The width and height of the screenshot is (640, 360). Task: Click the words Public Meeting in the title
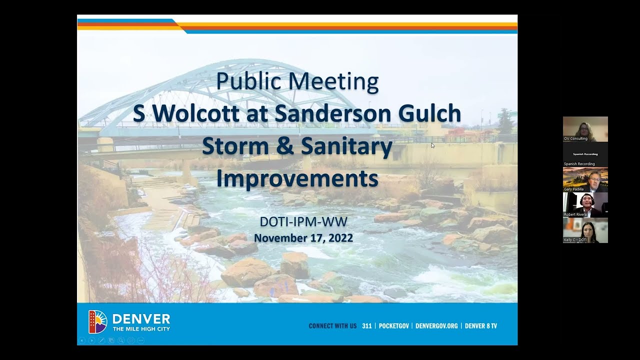pos(297,81)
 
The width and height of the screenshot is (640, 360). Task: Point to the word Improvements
pos(297,178)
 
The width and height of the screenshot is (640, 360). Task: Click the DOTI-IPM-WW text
pos(303,220)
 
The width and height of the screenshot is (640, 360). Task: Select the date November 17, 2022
pos(303,237)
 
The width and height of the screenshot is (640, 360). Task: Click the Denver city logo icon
pos(97,321)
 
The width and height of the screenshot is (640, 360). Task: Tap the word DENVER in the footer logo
pos(141,318)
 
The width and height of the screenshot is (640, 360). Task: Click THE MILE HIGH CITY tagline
pos(141,329)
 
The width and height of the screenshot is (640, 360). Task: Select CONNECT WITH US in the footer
pos(332,326)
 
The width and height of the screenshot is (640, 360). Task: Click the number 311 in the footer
pos(366,326)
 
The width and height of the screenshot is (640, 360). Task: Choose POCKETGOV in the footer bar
pos(395,326)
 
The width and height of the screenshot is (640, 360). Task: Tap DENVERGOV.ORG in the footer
pos(436,326)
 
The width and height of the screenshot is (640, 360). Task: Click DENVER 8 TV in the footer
pos(481,326)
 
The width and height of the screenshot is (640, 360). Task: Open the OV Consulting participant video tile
pos(585,128)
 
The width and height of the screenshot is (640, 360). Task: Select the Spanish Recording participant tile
pos(585,154)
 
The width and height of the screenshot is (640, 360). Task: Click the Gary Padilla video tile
pos(585,179)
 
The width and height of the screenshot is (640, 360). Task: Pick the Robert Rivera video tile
pos(585,204)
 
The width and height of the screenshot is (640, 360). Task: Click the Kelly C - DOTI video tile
pos(585,230)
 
